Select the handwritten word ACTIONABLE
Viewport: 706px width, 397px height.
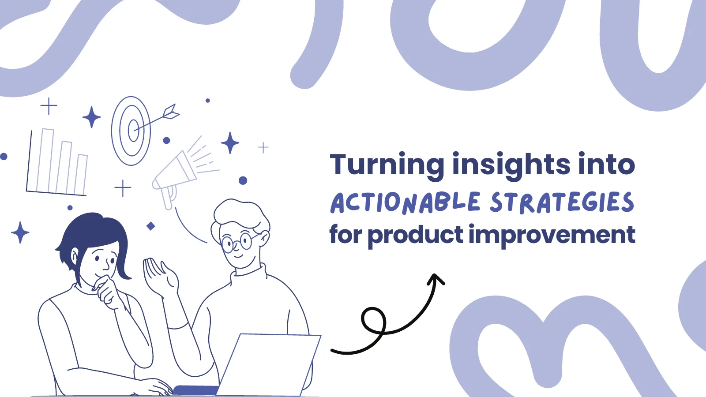point(406,202)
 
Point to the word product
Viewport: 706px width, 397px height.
point(415,236)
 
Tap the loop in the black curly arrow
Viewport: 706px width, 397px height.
point(373,320)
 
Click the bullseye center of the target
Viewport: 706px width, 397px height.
point(133,131)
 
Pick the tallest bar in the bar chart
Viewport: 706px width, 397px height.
point(47,160)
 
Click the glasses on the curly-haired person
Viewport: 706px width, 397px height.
point(237,242)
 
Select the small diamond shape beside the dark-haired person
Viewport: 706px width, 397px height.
point(150,226)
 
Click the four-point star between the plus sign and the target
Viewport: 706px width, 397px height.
point(91,117)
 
